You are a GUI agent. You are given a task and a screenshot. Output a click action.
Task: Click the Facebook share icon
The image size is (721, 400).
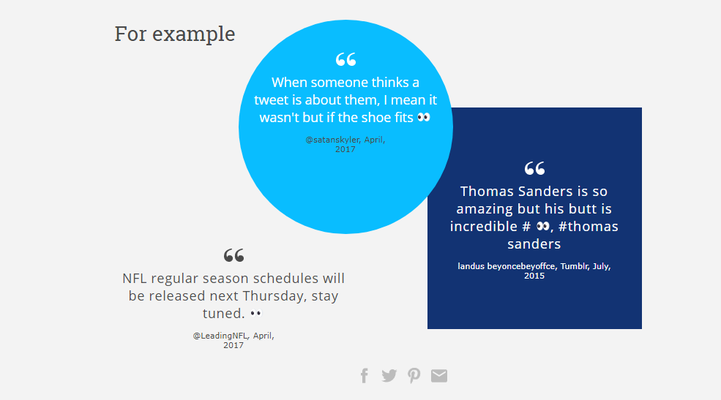[365, 376]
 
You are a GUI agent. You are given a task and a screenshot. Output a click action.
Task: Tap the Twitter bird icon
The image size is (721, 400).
[389, 376]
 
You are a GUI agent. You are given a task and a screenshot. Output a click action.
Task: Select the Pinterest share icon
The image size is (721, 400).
[414, 376]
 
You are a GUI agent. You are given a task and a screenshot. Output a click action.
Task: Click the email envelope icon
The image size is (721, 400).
[439, 376]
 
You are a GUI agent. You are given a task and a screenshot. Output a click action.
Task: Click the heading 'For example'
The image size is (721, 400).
[175, 34]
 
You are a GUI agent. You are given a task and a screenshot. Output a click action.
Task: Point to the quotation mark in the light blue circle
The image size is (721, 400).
[345, 59]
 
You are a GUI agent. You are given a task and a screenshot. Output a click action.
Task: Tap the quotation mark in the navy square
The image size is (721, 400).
[535, 168]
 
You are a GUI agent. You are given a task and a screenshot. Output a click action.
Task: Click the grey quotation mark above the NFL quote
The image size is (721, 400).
[234, 255]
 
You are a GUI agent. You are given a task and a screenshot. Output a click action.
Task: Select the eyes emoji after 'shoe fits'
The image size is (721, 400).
[424, 118]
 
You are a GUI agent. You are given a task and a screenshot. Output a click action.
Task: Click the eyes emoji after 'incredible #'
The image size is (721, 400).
[543, 227]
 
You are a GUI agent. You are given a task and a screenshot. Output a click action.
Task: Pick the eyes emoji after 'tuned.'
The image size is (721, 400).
[256, 314]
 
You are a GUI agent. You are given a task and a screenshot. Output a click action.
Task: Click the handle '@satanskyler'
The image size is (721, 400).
[333, 140]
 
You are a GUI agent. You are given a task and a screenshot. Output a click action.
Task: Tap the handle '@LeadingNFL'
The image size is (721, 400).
[221, 336]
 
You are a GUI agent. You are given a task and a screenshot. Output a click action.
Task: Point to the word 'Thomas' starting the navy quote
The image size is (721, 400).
[488, 191]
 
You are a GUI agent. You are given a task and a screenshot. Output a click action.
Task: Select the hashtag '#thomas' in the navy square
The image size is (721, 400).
[588, 227]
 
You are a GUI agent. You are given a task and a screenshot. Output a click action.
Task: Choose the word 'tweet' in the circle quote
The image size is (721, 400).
[271, 100]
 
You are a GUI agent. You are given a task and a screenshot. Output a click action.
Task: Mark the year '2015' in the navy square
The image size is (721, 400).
[534, 276]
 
